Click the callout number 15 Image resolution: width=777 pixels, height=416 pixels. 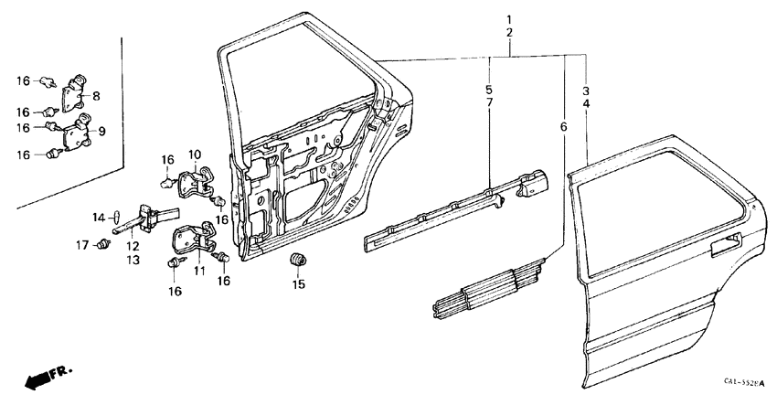coord(297,285)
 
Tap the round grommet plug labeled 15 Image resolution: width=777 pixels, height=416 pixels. coord(297,261)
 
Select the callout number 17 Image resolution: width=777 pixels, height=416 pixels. coord(81,245)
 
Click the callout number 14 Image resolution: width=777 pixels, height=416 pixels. coord(100,217)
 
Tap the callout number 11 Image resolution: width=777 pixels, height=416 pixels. coord(199,272)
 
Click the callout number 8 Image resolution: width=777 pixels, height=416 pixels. coord(97,94)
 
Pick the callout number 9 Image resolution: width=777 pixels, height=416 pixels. coord(101,132)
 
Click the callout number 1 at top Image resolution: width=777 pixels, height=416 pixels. coord(509,20)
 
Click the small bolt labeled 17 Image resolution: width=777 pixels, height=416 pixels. coord(102,245)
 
